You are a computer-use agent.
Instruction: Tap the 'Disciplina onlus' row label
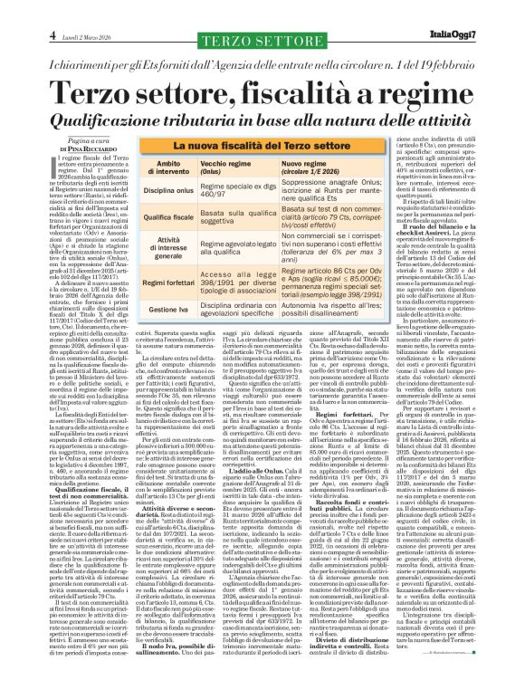[134, 189]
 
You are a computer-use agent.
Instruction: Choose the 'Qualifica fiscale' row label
[134, 217]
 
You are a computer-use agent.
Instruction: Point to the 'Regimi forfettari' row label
[134, 283]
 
